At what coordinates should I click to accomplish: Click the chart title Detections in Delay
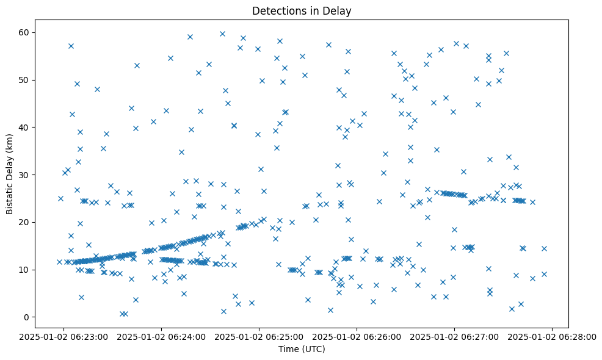pos(302,10)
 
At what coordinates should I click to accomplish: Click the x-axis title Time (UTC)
pos(302,349)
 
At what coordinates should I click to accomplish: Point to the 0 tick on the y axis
pos(27,317)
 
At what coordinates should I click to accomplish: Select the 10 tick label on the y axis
pos(24,270)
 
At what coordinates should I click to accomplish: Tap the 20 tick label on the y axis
pos(24,222)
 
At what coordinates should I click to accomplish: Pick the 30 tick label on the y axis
pos(24,175)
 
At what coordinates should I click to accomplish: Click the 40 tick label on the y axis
pos(24,127)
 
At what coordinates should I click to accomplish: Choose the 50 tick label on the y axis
pos(24,80)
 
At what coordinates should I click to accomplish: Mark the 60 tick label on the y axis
pos(24,32)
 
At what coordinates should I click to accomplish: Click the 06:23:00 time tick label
pos(64,336)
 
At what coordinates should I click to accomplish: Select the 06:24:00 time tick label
pos(162,336)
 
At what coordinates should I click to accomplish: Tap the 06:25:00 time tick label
pos(259,336)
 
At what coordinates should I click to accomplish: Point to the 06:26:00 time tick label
pos(357,336)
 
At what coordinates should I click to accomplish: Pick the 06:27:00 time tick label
pos(455,336)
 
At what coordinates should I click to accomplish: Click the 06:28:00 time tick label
pos(553,336)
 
